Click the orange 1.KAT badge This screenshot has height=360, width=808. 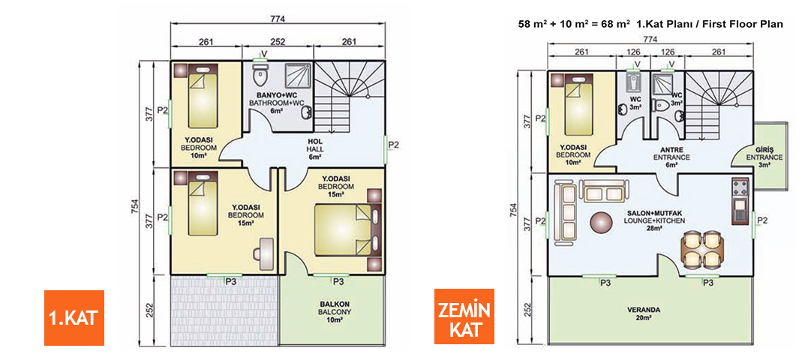point(73,317)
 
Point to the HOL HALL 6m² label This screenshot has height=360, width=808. point(315,148)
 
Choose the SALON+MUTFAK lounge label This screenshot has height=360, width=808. point(652,220)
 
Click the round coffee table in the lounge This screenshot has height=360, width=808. point(601,221)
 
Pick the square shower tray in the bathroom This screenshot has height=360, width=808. point(294,76)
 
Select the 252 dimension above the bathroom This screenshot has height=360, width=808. point(278,42)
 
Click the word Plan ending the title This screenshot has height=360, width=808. point(772,24)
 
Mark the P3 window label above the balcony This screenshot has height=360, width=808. point(338,281)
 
